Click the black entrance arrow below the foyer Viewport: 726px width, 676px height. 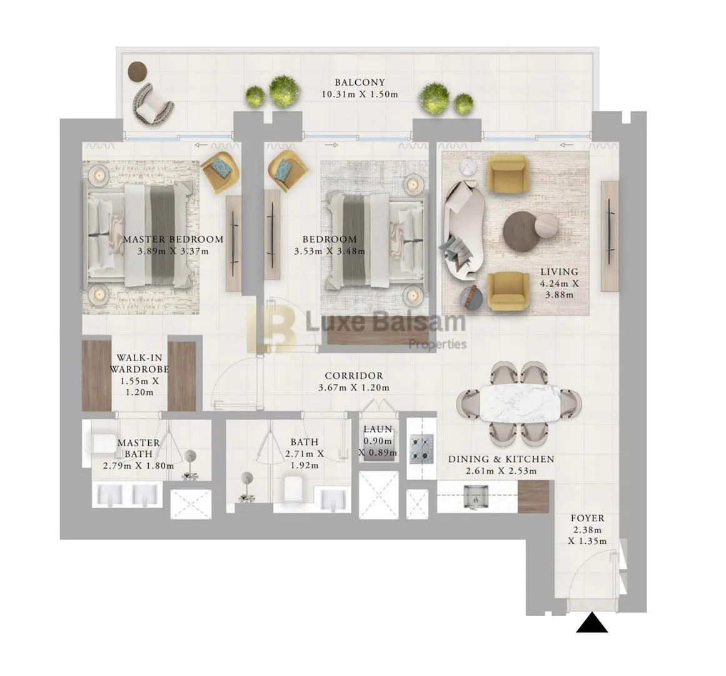pos(592,623)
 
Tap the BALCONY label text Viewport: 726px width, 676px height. pos(360,83)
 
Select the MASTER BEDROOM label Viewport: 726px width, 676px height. pos(173,240)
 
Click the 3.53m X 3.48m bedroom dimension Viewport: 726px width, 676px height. pos(330,252)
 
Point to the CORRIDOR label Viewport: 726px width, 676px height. pos(354,376)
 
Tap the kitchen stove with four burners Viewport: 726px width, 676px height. pos(421,449)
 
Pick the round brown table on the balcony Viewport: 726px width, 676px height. pos(138,71)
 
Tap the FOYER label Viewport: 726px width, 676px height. pos(587,518)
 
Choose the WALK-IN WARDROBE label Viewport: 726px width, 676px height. pos(139,364)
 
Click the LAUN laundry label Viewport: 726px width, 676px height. pos(378,429)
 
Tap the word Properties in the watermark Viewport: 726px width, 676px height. pos(437,344)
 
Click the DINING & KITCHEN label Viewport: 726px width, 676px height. pos(501,459)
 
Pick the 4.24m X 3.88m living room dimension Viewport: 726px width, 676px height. pos(559,289)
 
